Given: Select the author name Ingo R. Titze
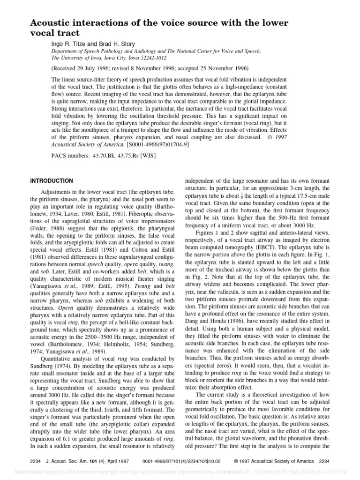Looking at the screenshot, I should pos(69,43).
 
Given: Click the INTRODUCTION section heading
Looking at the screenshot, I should pos(51,180).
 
